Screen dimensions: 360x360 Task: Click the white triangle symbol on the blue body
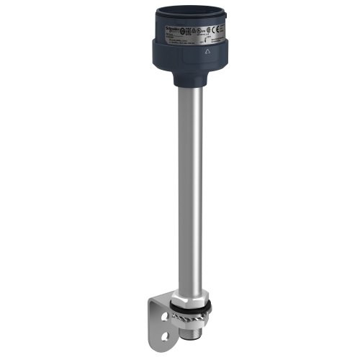(208, 53)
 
